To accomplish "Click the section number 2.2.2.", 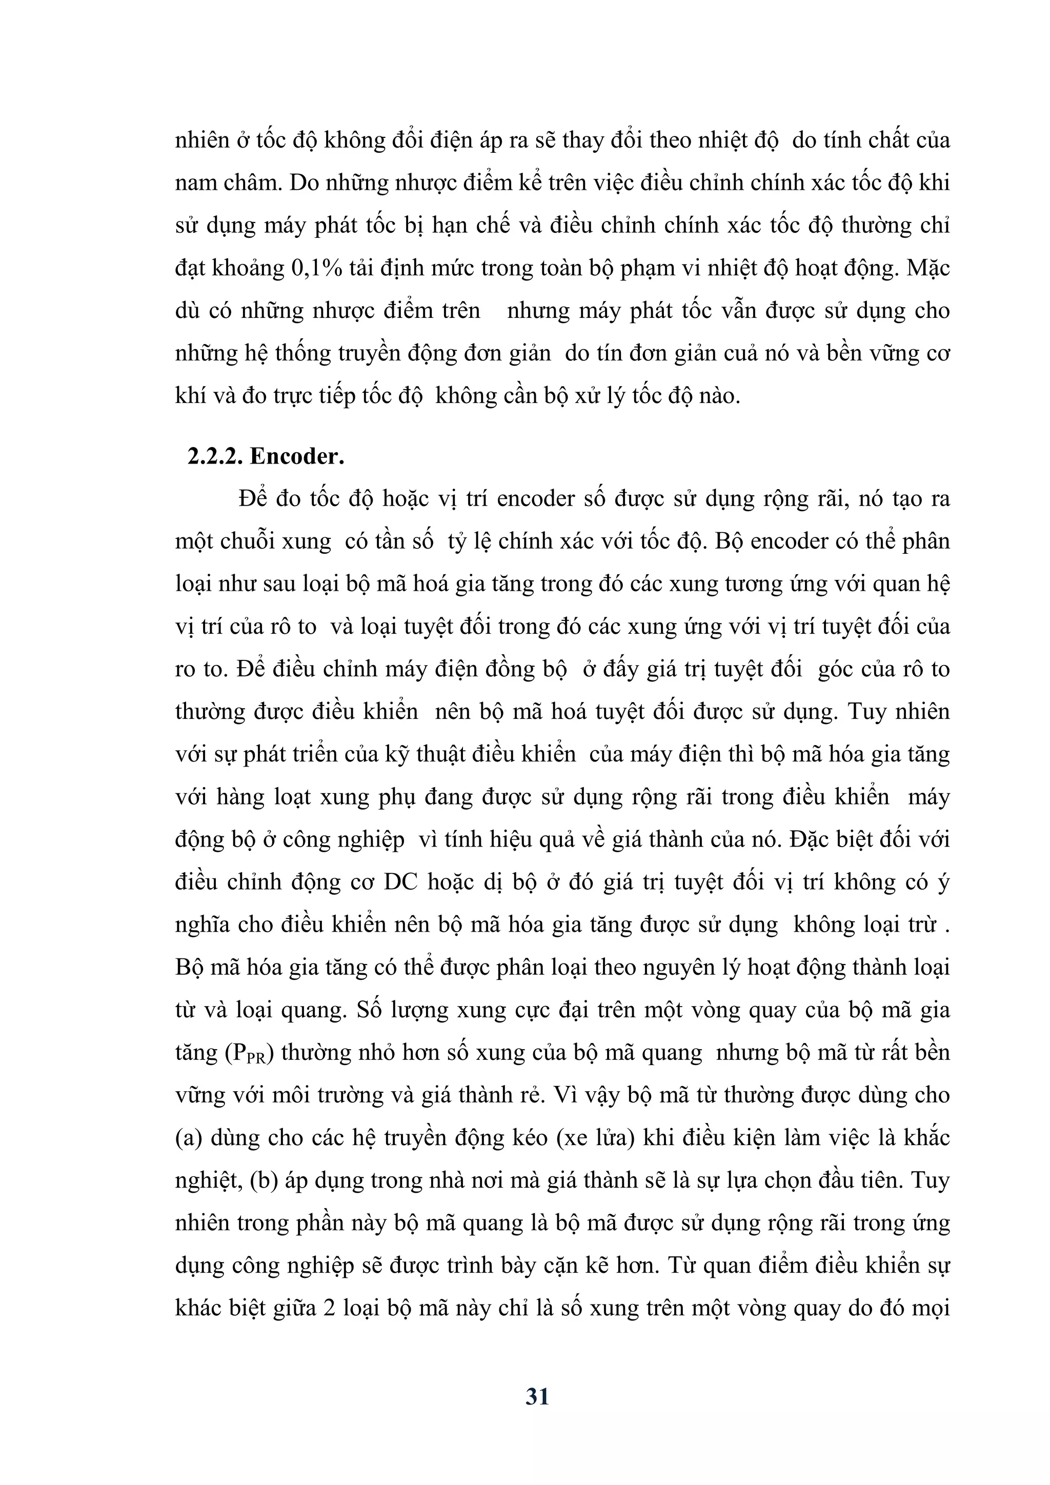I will tap(215, 456).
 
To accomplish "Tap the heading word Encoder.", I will tap(297, 456).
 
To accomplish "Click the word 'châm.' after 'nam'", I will tap(252, 183).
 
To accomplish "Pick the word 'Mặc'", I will tap(928, 268).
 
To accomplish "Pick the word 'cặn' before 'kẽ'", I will tap(564, 1265).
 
